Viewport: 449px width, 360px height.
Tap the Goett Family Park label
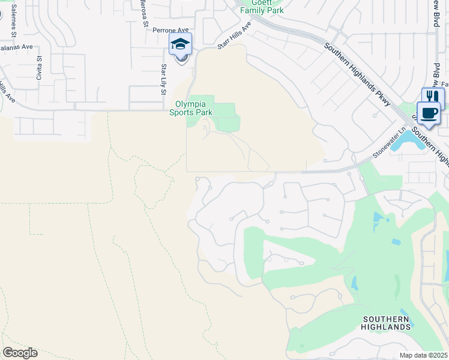[x=262, y=7]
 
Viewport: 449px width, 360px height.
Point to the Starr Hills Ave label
[x=234, y=41]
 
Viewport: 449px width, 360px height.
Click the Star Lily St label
[x=163, y=80]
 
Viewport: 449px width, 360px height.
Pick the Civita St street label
[x=39, y=68]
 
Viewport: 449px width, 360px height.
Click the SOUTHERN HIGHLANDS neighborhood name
[x=385, y=323]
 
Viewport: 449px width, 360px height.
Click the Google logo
[x=20, y=353]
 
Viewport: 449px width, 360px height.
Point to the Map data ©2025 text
[x=424, y=355]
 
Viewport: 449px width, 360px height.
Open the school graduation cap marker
[x=180, y=44]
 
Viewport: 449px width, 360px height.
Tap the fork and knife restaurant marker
[x=433, y=97]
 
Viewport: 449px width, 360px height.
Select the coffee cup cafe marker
[x=429, y=113]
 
